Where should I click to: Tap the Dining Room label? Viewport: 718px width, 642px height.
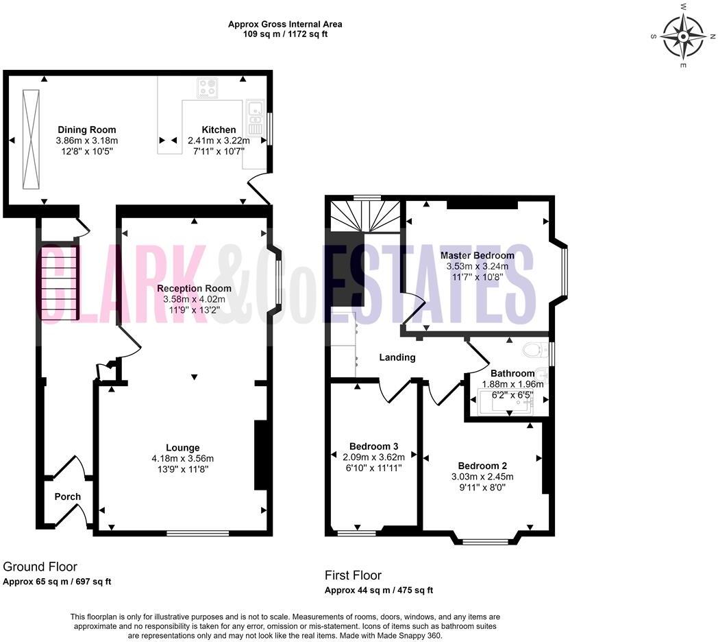coord(86,130)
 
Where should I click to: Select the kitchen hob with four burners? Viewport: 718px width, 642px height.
coord(208,88)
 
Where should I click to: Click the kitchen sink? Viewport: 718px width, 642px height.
coord(255,108)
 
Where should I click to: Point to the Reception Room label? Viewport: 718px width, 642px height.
coord(194,288)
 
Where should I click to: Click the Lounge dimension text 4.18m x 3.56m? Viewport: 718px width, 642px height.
coord(182,459)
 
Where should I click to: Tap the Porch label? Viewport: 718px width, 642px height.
coord(67,497)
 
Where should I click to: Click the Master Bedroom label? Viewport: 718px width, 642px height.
coord(477,255)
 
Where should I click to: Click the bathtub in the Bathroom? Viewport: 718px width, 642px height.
coord(508,401)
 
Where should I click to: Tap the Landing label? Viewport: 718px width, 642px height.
coord(397,357)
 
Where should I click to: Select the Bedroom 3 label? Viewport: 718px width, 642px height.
coord(373,446)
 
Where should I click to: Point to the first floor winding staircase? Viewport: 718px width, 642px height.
coord(363,215)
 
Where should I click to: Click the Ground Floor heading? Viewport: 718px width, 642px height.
coord(40,567)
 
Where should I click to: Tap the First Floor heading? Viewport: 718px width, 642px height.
coord(353,575)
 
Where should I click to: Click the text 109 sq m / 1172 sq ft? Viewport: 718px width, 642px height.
coord(285,34)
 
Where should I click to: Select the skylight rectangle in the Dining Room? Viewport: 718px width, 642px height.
coord(31,139)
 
